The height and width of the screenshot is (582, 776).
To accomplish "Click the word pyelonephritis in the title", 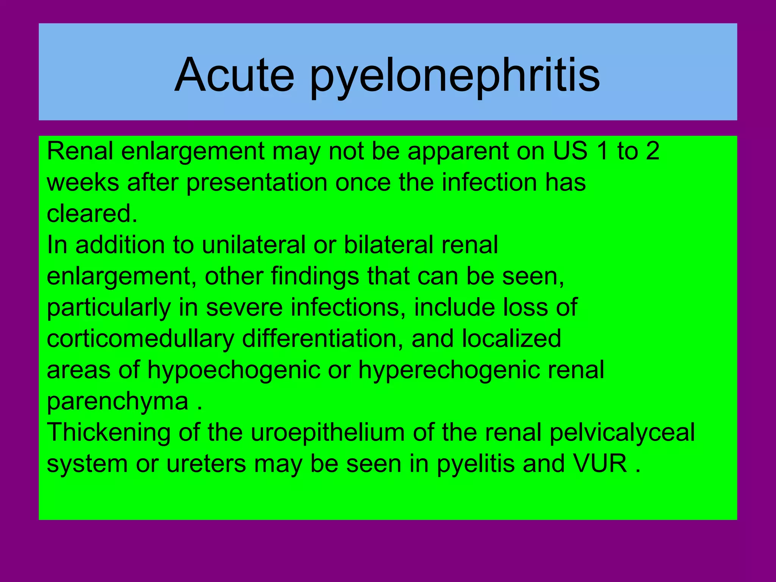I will [x=455, y=76].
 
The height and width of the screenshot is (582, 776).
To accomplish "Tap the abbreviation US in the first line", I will [x=570, y=151].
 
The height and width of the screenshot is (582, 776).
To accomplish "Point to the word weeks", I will [x=83, y=182].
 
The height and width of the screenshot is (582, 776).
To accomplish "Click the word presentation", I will [x=257, y=183].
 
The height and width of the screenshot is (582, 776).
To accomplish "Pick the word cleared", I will [x=91, y=213].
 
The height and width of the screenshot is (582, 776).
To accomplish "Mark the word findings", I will [x=315, y=277].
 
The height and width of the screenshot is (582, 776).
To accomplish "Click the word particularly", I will [x=109, y=308].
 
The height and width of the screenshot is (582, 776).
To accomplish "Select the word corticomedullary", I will [x=140, y=339].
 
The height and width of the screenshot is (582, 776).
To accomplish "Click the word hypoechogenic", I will [x=234, y=370].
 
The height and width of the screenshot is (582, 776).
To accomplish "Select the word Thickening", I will [x=109, y=433].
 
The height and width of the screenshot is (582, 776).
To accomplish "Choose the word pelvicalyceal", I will [x=622, y=433].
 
